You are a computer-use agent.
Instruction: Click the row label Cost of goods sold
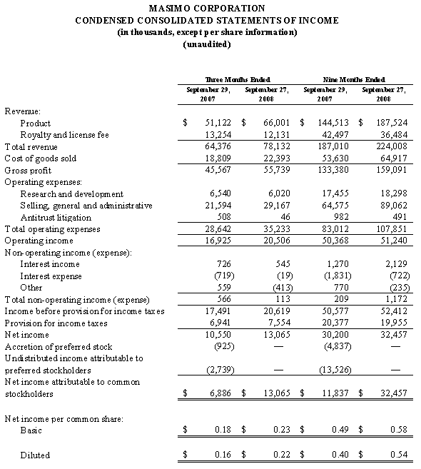41,158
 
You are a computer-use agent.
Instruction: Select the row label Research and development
71,193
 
